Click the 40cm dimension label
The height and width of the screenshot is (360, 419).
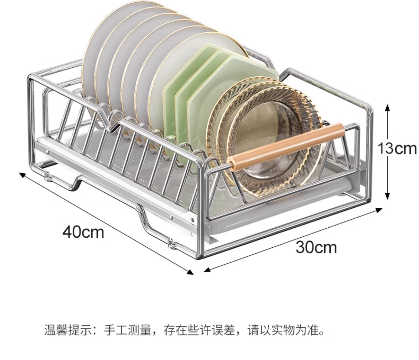pos(83,232)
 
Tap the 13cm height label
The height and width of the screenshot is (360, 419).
pos(396,148)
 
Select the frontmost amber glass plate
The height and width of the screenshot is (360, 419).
pos(268,156)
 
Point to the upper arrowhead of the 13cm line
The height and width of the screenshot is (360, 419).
pos(387,108)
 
